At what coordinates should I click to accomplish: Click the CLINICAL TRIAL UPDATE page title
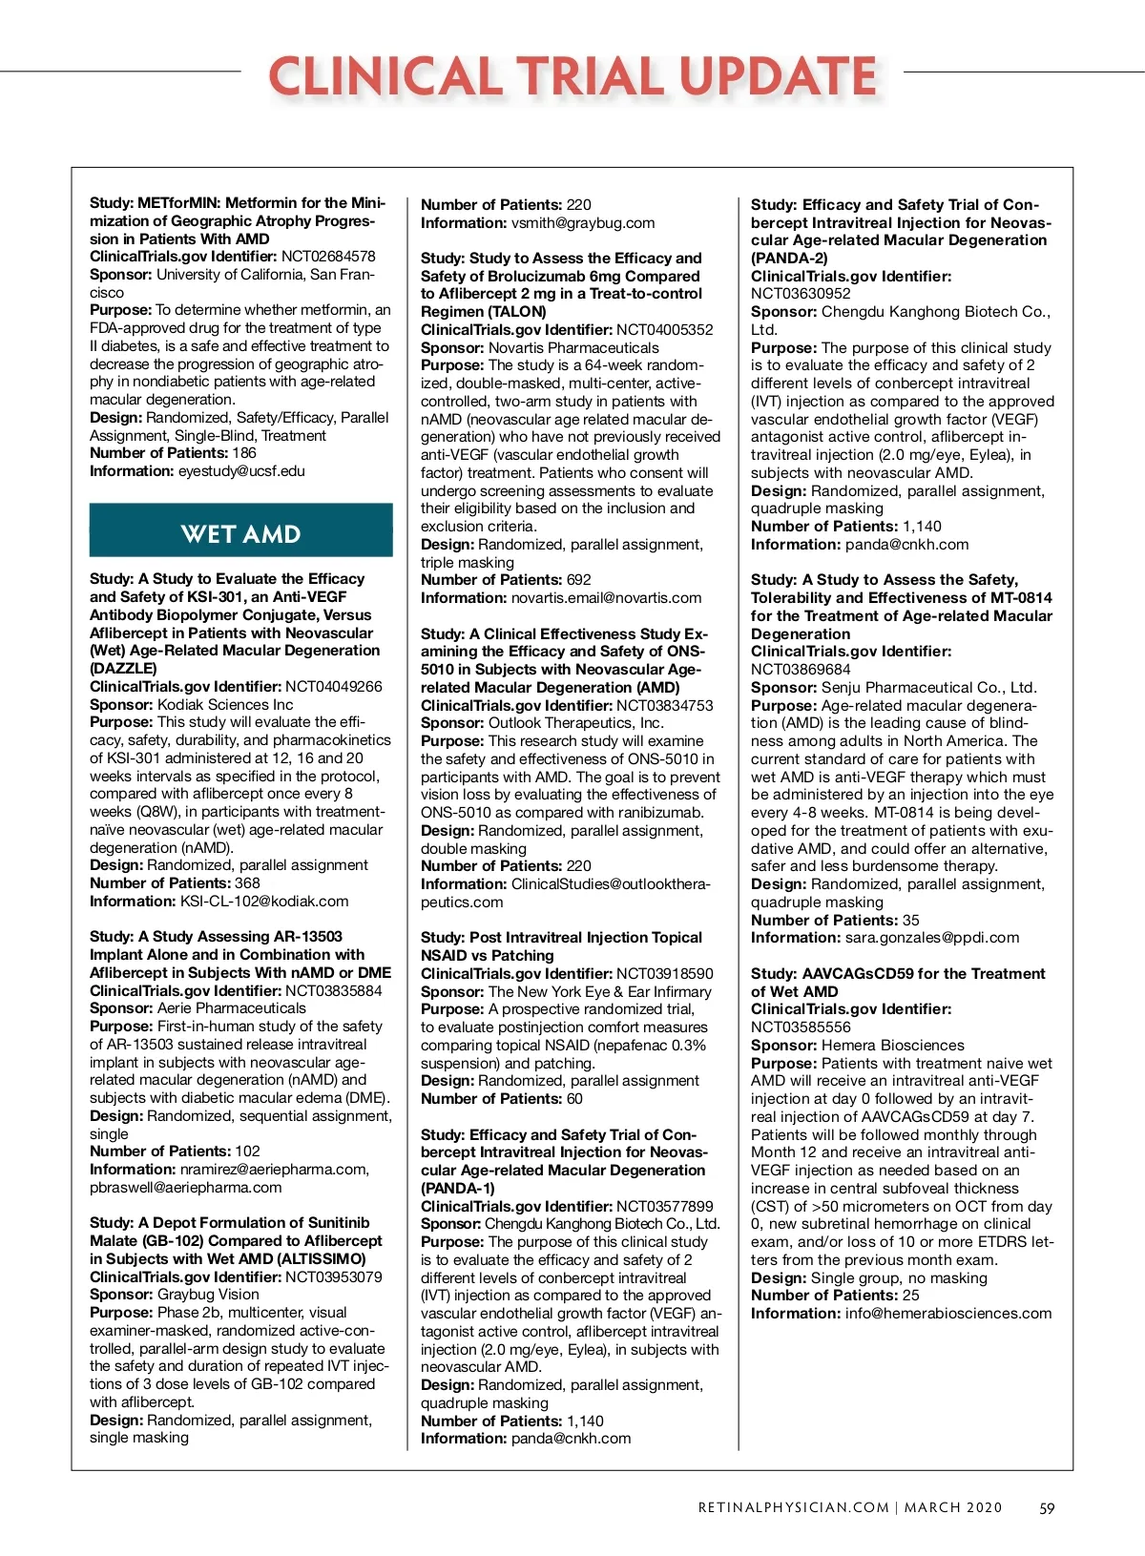click(572, 76)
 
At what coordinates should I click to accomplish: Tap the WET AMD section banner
click(240, 533)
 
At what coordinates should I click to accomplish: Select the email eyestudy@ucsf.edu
click(241, 471)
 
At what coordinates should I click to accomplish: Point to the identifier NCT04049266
click(333, 687)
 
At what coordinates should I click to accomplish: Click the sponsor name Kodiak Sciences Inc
click(225, 705)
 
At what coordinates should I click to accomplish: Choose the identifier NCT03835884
click(333, 991)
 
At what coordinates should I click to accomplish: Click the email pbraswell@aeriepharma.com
click(186, 1188)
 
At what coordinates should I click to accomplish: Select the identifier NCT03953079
click(333, 1277)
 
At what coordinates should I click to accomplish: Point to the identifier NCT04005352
click(664, 330)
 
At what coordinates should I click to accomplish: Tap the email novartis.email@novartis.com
click(606, 598)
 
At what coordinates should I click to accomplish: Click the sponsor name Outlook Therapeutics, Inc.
click(576, 723)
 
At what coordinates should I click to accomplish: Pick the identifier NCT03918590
click(664, 974)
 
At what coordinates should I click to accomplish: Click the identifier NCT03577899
click(664, 1207)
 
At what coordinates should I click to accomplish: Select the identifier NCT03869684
click(801, 670)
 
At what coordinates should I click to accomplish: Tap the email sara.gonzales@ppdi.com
click(932, 938)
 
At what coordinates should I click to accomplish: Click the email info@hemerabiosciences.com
click(948, 1314)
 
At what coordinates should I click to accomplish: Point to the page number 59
click(1047, 1508)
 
